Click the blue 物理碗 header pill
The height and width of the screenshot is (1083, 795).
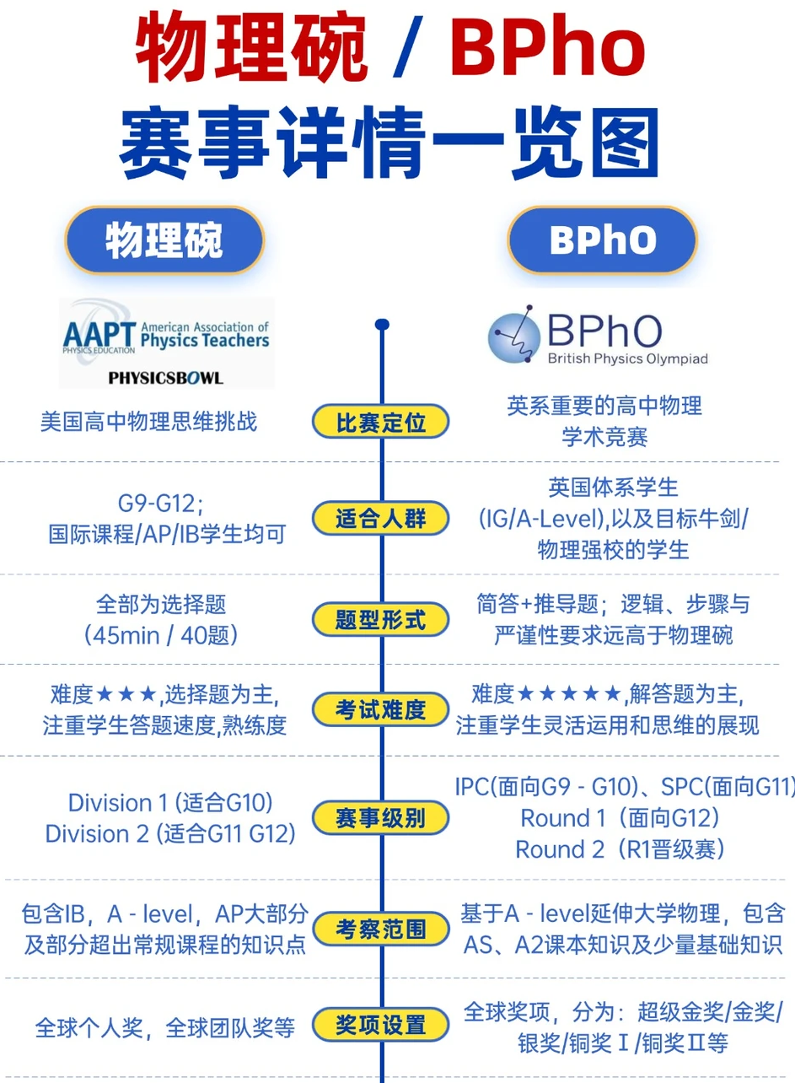pyautogui.click(x=164, y=240)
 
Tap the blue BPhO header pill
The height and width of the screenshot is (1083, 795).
pyautogui.click(x=602, y=240)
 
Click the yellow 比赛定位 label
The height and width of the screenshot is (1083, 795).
pyautogui.click(x=381, y=422)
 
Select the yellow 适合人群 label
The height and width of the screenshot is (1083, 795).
pyautogui.click(x=381, y=518)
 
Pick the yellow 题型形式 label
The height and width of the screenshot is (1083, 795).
pyautogui.click(x=381, y=619)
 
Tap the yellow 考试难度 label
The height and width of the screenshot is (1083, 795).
pyautogui.click(x=381, y=709)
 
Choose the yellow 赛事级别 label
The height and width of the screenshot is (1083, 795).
pyautogui.click(x=381, y=817)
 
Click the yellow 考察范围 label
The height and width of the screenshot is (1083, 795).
pyautogui.click(x=381, y=929)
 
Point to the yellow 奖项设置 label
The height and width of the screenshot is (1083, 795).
pyautogui.click(x=381, y=1025)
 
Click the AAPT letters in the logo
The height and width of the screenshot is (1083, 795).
pyautogui.click(x=99, y=335)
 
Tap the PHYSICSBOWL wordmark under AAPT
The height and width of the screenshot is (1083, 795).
pyautogui.click(x=166, y=378)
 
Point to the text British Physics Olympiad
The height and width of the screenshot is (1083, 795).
pyautogui.click(x=628, y=358)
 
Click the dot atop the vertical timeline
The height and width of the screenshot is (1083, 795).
pyautogui.click(x=382, y=324)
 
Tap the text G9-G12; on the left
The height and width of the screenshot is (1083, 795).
pyautogui.click(x=161, y=504)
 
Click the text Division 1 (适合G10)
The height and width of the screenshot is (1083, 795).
pyautogui.click(x=170, y=803)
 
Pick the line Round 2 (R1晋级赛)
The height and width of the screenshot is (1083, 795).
pyautogui.click(x=620, y=849)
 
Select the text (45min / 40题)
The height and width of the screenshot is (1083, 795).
pyautogui.click(x=161, y=635)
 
